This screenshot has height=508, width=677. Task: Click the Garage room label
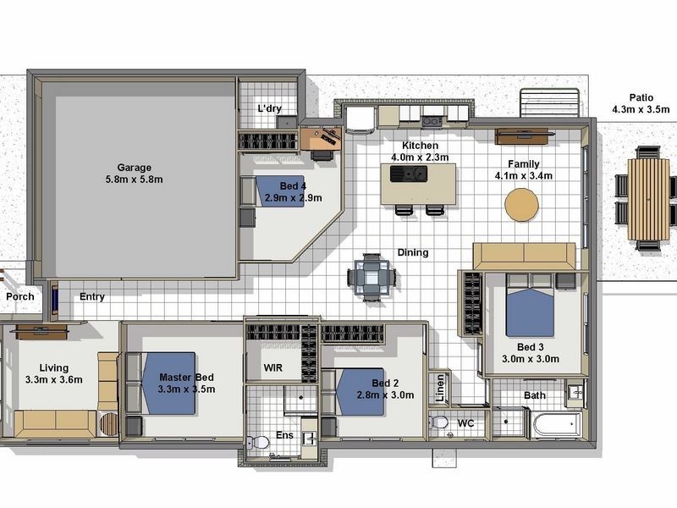tap(135, 168)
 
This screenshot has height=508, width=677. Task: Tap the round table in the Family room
tap(521, 205)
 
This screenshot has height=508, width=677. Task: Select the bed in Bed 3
tap(530, 306)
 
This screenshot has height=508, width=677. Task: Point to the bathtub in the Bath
tap(558, 425)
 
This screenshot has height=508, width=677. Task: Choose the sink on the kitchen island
tap(409, 174)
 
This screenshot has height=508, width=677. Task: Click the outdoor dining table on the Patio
tap(647, 200)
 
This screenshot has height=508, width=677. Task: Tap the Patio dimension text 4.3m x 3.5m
tap(641, 110)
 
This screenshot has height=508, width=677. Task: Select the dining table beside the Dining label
tap(372, 278)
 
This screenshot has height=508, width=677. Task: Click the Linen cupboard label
tap(440, 389)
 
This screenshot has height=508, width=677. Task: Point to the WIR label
tap(272, 368)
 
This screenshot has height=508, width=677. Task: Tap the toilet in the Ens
tap(258, 442)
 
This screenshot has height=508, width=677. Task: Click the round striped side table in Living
tap(109, 425)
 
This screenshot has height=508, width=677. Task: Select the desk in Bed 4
tap(321, 139)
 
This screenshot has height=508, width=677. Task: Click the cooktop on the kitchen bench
tap(432, 121)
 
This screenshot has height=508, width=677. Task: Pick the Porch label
tap(20, 297)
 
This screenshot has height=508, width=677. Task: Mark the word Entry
tap(92, 297)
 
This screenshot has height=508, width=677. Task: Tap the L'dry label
tap(270, 108)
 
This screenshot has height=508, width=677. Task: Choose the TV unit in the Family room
tap(522, 136)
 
